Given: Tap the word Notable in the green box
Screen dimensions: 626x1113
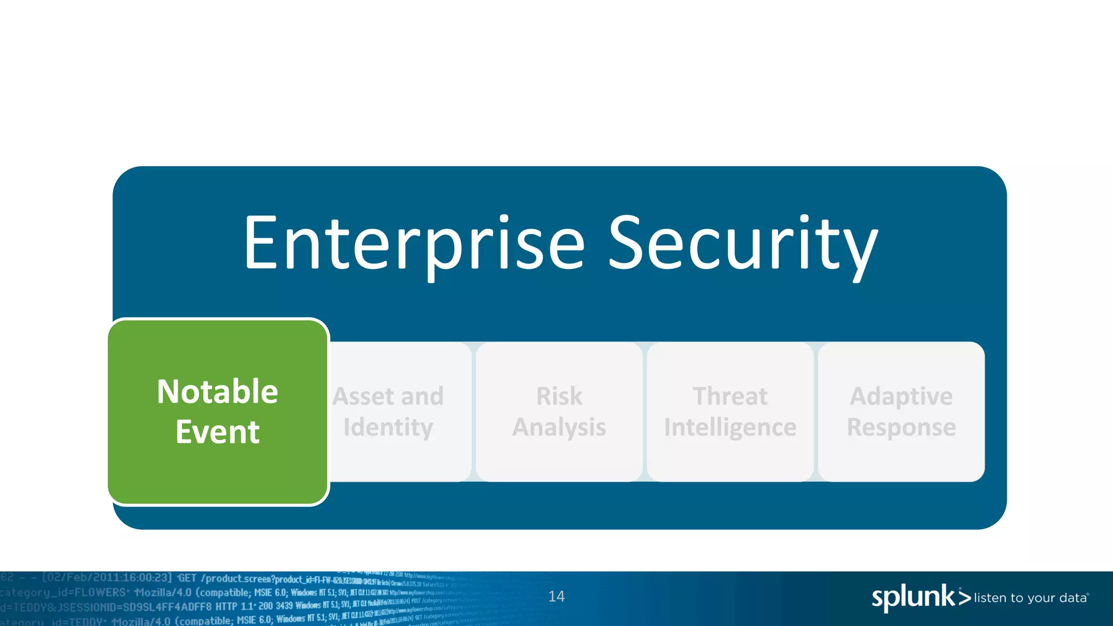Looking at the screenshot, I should [217, 391].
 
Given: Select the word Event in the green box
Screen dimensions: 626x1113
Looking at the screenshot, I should [217, 432].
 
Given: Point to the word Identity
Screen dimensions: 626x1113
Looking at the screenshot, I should [388, 428].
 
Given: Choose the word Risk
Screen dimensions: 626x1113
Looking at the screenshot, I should [559, 396].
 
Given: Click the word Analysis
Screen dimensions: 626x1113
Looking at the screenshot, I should [559, 428].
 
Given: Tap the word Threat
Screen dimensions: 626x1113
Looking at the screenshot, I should [730, 396].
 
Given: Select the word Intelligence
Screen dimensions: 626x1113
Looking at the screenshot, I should [730, 428].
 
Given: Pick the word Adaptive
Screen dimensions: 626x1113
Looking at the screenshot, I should [901, 396].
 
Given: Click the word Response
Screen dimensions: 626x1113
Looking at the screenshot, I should [901, 428].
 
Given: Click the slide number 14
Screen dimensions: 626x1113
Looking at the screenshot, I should [556, 597].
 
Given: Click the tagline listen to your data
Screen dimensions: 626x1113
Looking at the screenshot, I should [1030, 598].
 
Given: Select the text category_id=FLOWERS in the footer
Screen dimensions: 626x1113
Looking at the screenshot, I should [63, 592].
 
